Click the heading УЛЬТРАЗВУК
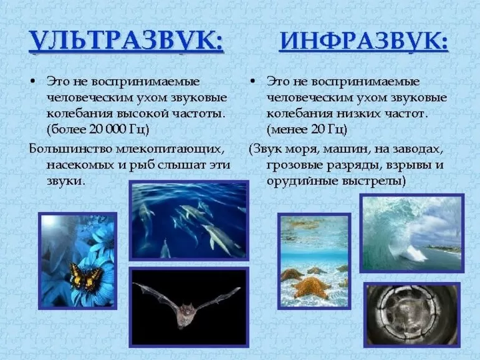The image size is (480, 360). pos(126,41)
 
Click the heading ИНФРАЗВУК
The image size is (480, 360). pos(363,41)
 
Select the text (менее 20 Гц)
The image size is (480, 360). pos(307,129)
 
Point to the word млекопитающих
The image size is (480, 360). pos(168,149)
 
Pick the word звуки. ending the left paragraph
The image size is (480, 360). pos(65,181)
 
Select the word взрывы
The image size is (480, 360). pos(408,165)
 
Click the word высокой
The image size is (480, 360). pos(143,114)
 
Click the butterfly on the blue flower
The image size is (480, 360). pos(85,276)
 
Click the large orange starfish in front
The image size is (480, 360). pos(310,287)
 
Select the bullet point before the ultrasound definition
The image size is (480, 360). pos(33,82)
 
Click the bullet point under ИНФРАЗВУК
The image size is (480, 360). pos(252,82)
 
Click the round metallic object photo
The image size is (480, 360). pos(411,315)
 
